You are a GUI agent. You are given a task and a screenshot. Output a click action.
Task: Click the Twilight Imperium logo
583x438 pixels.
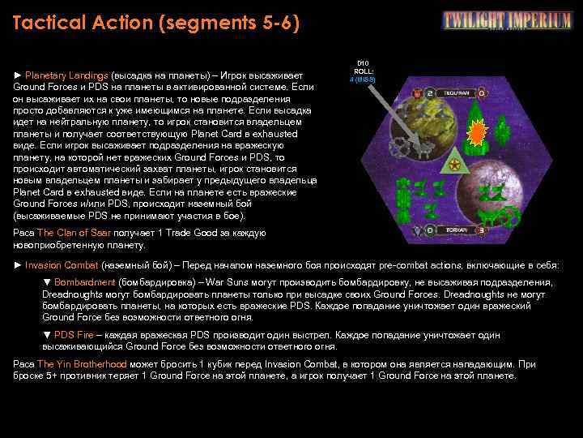pos(507,20)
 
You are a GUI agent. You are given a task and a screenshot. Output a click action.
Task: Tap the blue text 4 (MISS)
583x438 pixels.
pos(362,79)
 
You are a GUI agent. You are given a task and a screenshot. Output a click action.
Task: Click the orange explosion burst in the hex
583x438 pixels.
pos(479,131)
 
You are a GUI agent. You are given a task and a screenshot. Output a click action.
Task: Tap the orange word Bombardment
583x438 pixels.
pos(85,282)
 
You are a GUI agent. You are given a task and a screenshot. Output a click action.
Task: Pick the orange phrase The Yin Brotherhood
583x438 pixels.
pos(93,364)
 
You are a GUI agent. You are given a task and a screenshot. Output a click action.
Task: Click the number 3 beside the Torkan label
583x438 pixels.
pos(483,230)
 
